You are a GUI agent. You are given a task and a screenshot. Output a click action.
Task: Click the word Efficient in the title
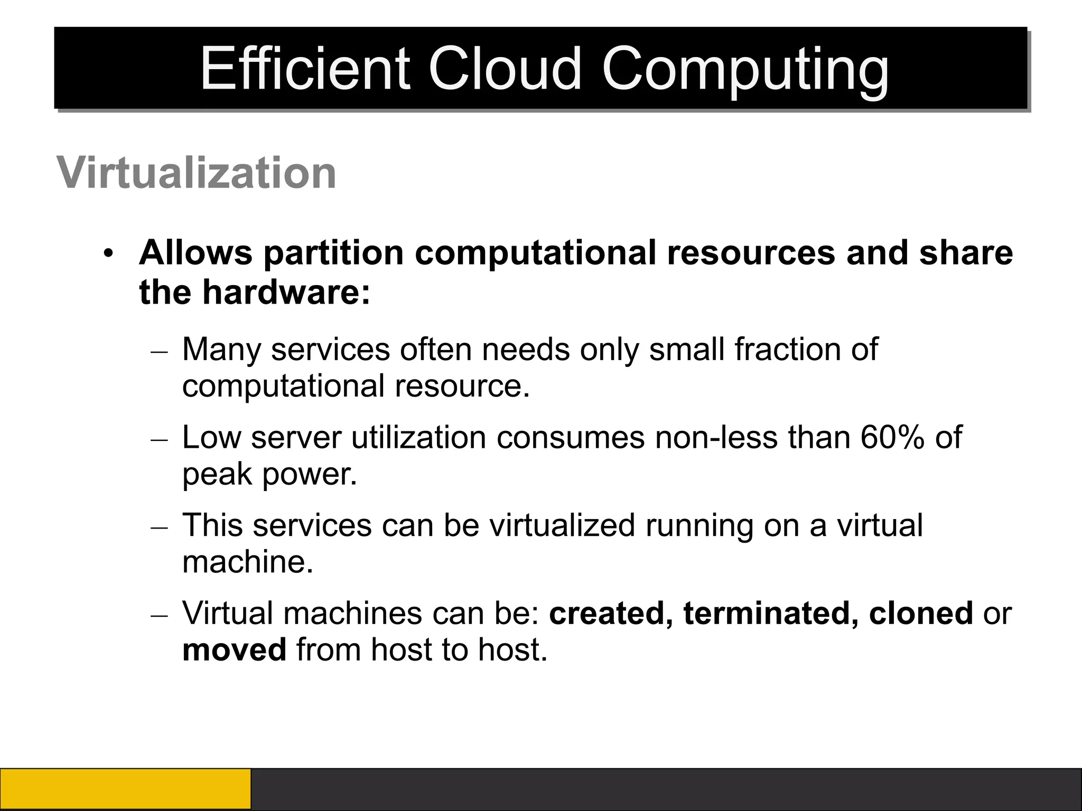tap(305, 69)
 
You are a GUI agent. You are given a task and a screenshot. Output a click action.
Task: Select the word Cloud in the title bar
tap(505, 69)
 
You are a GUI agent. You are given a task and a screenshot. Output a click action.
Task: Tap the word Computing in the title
tap(745, 71)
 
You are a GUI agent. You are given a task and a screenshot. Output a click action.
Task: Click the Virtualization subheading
tap(197, 173)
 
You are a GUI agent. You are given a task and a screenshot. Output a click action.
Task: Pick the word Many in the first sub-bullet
tap(221, 350)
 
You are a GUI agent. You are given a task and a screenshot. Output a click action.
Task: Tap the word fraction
tap(787, 349)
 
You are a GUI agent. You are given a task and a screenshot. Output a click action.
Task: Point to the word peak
tap(217, 475)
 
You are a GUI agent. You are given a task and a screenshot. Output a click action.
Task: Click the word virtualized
tap(562, 525)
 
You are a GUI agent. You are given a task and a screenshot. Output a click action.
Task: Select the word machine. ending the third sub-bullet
tap(248, 561)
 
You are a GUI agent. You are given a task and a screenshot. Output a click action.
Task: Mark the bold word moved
tap(234, 649)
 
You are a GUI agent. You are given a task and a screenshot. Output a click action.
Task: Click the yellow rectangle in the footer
tap(125, 789)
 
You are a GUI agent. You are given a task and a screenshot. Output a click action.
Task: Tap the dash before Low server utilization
tap(159, 439)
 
